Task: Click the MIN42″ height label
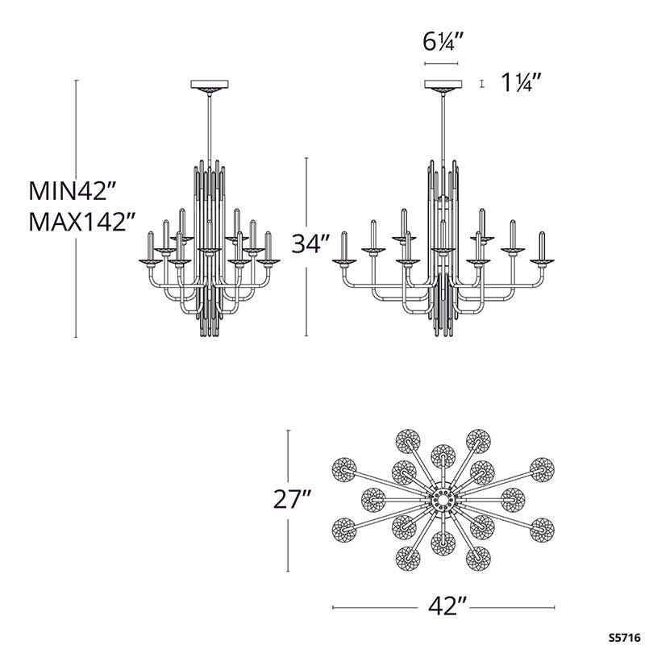tap(73, 191)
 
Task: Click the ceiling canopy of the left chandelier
tap(209, 85)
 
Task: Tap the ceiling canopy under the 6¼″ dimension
tap(441, 85)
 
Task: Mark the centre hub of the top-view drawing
tap(443, 500)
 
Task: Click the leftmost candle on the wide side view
tap(344, 246)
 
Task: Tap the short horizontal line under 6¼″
tap(441, 63)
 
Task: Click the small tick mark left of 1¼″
tap(481, 82)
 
